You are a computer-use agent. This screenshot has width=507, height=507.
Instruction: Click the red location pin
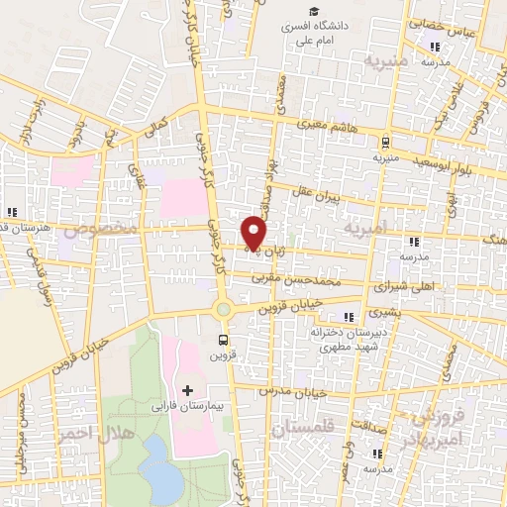point(255,232)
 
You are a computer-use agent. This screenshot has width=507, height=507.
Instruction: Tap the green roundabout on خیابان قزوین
point(224,310)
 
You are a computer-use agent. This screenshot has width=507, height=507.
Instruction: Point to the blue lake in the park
point(156,461)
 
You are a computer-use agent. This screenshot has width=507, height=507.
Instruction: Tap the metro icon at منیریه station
point(385,142)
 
